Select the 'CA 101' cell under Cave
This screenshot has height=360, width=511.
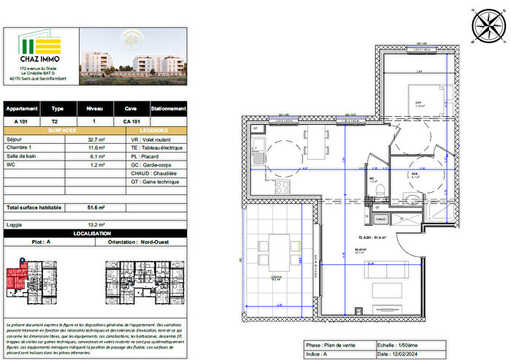pos(131,121)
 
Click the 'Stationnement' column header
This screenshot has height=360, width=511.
pos(169,107)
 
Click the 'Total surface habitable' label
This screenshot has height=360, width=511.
pos(34,208)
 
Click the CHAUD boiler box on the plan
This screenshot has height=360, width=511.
pos(380,217)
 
